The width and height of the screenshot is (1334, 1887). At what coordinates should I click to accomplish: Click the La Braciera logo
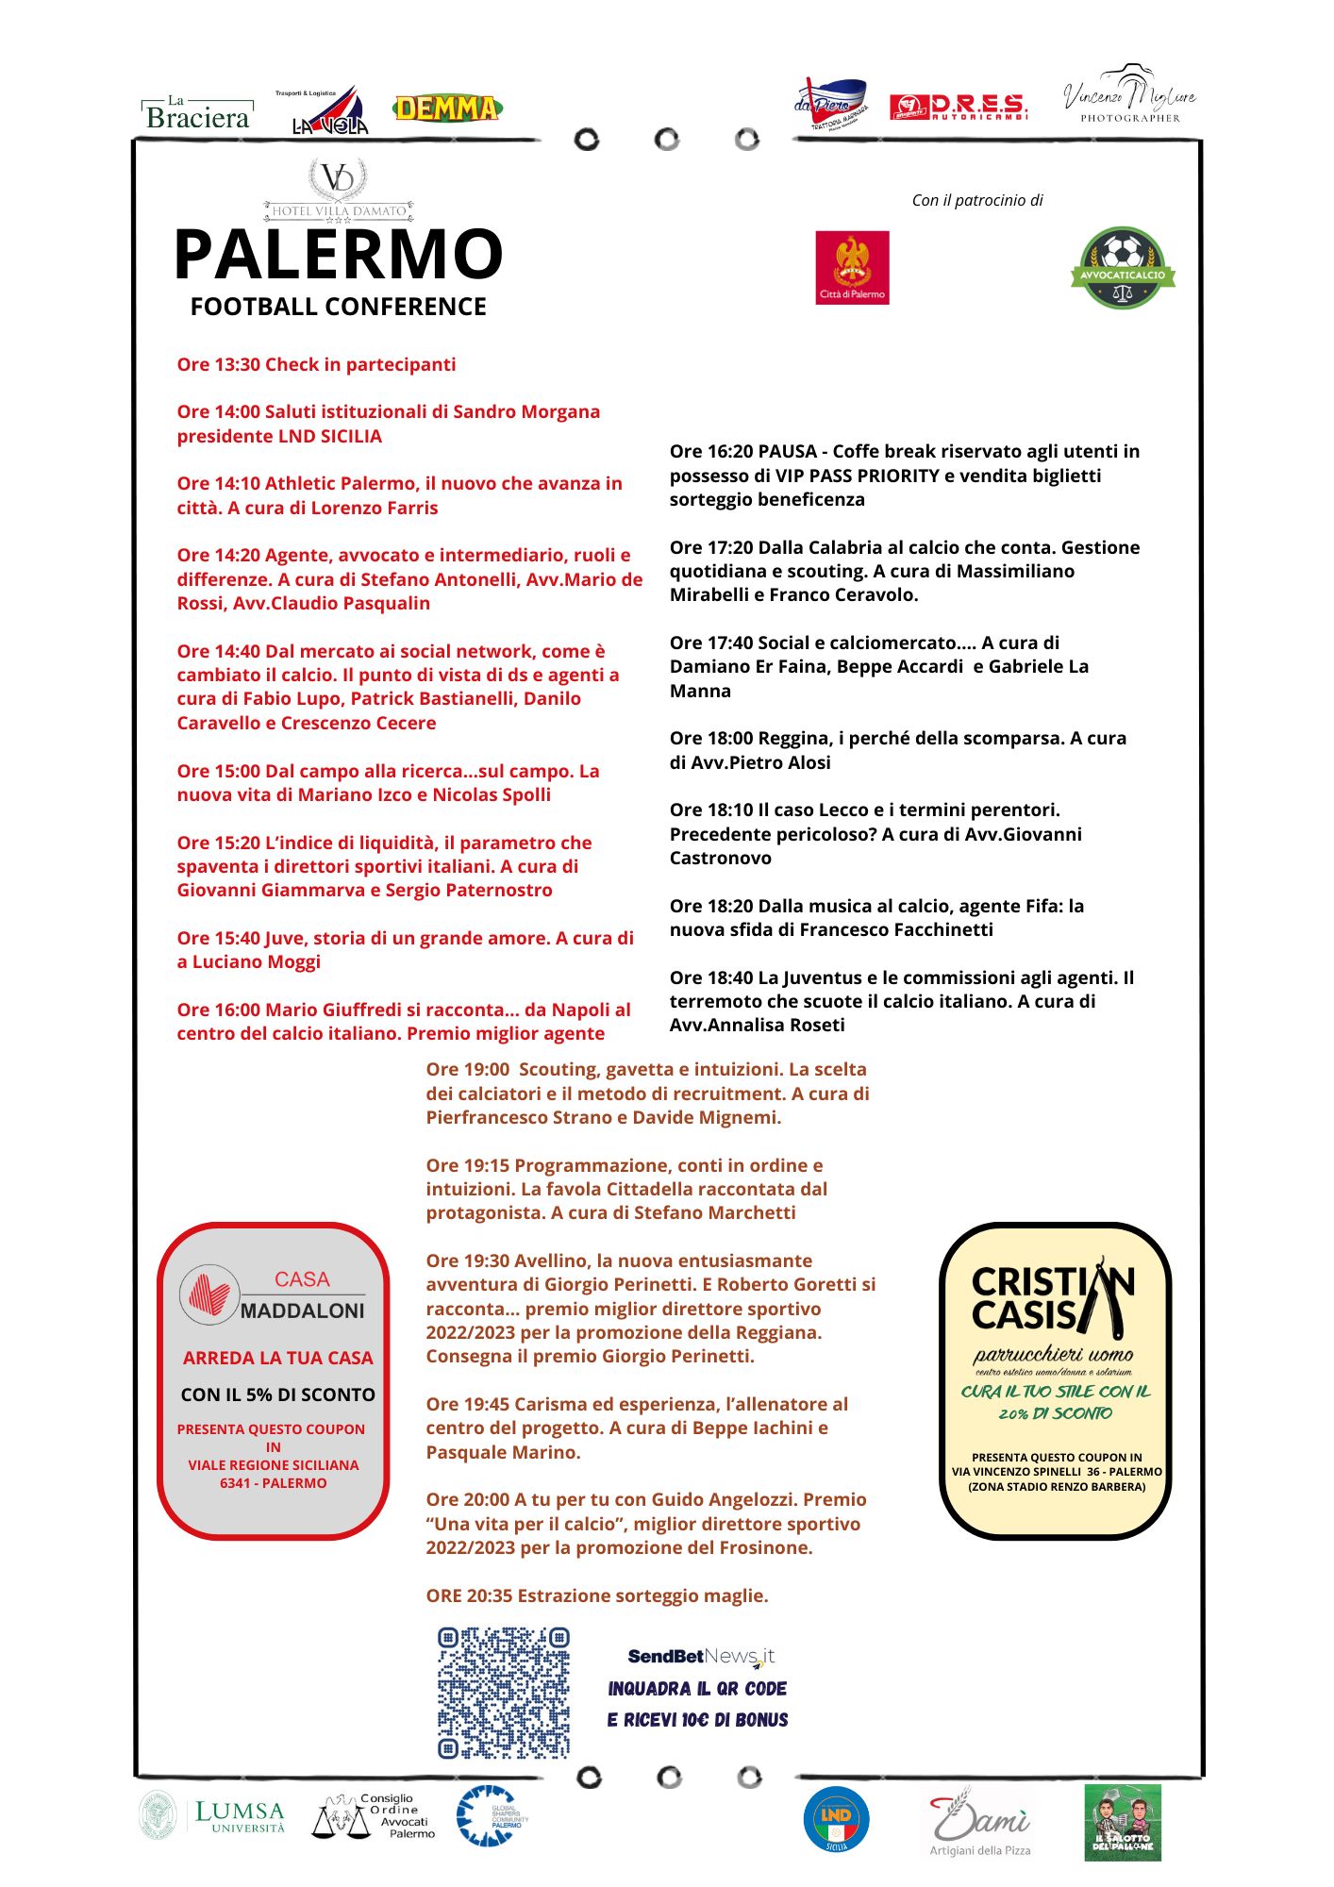point(198,113)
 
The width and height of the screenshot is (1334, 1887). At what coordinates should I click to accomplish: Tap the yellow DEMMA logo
point(447,109)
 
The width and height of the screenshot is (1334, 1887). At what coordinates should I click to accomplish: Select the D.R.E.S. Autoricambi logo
point(959,107)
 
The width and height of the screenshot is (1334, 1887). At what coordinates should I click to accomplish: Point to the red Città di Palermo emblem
point(852,267)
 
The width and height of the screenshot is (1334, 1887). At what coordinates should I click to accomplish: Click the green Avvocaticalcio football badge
point(1123,268)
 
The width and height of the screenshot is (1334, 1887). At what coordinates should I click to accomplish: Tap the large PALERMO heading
point(338,255)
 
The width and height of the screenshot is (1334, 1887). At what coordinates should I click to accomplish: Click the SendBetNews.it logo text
point(700,1656)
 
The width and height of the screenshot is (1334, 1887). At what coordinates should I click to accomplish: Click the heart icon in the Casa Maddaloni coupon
point(208,1294)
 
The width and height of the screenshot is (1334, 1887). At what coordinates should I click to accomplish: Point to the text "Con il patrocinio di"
point(977,200)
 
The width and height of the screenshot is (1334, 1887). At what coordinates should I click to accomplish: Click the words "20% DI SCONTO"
point(1056,1413)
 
